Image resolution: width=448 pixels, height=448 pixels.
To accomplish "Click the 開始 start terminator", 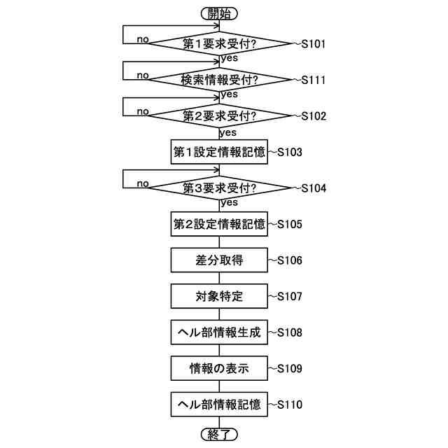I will point(219,13).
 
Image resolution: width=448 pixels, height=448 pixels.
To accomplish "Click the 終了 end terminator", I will point(219,435).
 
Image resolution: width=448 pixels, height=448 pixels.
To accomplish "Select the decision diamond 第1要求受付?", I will point(219,43).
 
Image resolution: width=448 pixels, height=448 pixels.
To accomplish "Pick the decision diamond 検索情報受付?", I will point(219,80).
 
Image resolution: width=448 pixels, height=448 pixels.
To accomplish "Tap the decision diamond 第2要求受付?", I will point(219,115).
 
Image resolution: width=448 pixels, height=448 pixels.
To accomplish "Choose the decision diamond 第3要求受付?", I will point(219,188).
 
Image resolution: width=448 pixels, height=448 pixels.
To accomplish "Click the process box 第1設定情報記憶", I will point(219,152).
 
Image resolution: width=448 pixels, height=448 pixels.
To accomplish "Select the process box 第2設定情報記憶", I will point(219,225).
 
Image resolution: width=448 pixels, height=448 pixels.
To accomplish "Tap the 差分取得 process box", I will point(219,260).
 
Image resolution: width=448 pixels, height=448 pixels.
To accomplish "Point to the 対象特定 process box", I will point(219,296).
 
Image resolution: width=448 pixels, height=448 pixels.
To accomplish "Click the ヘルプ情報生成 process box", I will point(219,332).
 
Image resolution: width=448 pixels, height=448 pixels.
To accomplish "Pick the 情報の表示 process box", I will point(219,368).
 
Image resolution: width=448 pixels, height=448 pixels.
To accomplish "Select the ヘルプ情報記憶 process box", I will point(219,405).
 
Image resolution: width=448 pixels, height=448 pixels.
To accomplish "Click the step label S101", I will point(313,43).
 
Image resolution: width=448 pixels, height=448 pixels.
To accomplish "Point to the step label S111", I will point(313,80).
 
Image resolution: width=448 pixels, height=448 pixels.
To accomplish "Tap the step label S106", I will point(289,260).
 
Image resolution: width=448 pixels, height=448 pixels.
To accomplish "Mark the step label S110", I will point(289,405).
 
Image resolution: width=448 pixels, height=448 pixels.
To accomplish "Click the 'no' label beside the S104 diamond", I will point(143,183).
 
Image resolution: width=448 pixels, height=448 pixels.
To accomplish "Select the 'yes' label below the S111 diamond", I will point(228,94).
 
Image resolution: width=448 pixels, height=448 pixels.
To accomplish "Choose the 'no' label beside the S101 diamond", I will point(143,38).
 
